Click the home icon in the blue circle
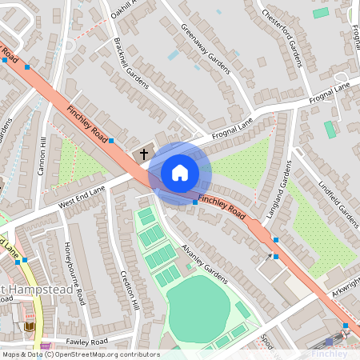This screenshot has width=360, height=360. (x=180, y=172)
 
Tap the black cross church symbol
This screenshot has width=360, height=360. (x=144, y=153)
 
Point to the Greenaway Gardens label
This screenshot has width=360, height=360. (x=205, y=47)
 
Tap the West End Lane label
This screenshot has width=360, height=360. (x=82, y=200)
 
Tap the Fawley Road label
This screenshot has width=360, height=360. (x=88, y=342)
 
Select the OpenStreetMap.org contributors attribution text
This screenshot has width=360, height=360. (x=104, y=354)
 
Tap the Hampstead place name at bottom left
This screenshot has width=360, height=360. (x=40, y=290)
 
